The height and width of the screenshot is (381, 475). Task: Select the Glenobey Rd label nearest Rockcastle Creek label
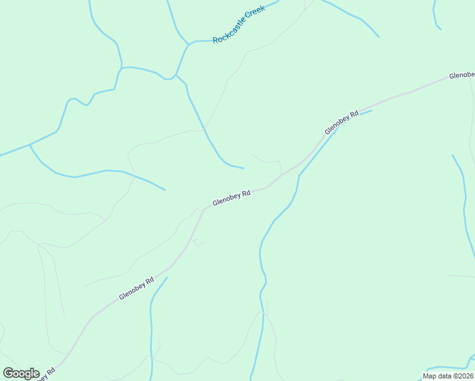342,122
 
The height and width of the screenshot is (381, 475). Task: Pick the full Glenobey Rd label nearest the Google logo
137,288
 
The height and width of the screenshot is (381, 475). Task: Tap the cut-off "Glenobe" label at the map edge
462,75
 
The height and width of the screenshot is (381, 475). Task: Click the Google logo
21,373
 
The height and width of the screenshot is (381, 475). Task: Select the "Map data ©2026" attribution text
448,376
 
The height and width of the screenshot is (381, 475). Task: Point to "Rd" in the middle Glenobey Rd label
246,193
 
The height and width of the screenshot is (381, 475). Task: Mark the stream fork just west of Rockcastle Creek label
188,44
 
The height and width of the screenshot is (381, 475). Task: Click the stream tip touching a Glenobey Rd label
371,110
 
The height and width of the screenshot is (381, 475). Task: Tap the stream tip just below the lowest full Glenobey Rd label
167,277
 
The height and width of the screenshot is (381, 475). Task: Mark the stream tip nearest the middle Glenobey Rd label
243,168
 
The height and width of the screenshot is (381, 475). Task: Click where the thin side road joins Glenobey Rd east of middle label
281,175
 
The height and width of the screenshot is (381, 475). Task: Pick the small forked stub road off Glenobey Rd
196,241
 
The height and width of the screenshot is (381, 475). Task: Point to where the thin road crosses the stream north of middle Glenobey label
204,130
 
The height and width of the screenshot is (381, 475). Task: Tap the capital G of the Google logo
8,373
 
